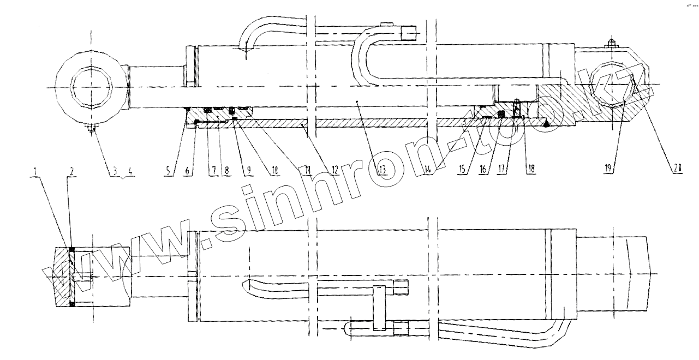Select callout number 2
(71, 170)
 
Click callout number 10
(274, 170)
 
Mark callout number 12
(334, 170)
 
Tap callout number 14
(428, 170)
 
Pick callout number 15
(463, 170)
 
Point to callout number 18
(528, 170)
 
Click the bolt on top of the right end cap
(611, 44)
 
